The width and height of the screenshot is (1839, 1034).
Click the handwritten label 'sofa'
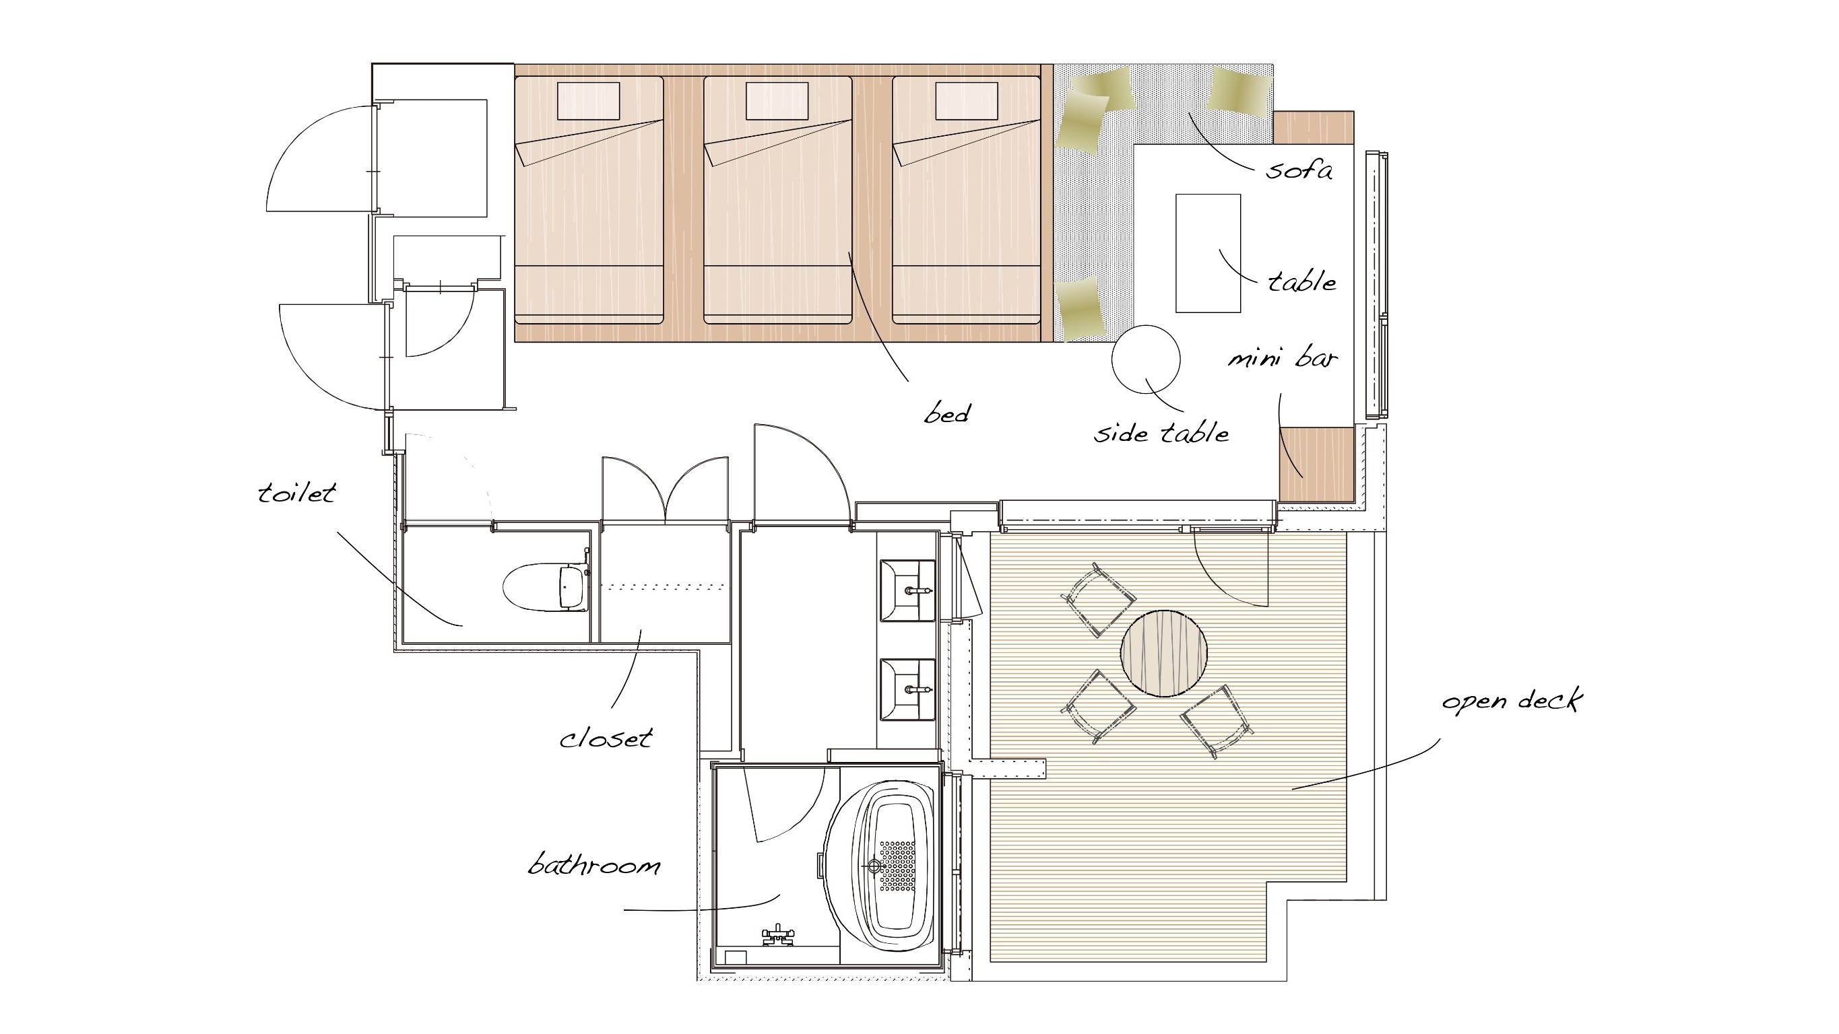(x=1299, y=170)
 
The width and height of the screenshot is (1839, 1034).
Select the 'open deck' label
(x=1512, y=701)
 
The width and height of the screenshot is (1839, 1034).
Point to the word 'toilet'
(x=296, y=492)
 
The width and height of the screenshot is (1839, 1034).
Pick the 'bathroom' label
(x=594, y=865)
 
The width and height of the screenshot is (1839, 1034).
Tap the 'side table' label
(x=1161, y=432)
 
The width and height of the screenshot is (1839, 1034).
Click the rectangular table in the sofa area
(x=1208, y=253)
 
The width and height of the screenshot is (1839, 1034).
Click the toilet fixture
(x=546, y=588)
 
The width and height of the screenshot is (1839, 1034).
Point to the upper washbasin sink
(x=907, y=591)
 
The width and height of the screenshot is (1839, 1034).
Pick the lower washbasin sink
(x=907, y=690)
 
